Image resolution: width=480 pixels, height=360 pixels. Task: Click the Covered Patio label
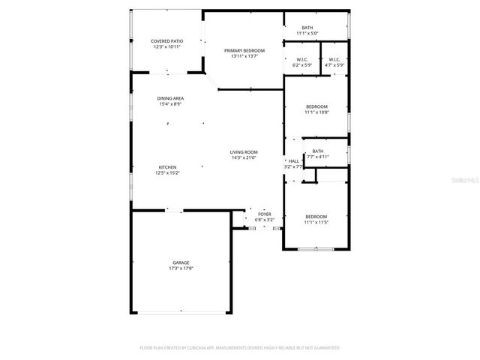click(166, 41)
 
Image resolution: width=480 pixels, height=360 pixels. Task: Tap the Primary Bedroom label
click(244, 50)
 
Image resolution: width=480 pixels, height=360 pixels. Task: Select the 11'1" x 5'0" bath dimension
click(307, 34)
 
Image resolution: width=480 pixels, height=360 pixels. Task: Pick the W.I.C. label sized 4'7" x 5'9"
click(334, 60)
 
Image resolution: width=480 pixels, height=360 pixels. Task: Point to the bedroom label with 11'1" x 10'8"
click(315, 106)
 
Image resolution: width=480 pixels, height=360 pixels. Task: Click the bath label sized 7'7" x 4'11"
click(318, 151)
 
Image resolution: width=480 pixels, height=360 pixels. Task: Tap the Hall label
click(294, 160)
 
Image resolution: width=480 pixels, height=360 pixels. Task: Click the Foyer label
click(265, 214)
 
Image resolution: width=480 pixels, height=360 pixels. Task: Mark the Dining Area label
click(170, 98)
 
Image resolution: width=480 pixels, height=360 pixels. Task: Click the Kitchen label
click(168, 166)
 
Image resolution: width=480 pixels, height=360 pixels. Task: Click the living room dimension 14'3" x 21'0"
click(244, 157)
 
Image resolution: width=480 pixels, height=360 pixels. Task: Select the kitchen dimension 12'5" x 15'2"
click(168, 172)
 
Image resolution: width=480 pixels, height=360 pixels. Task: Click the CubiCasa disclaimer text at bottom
click(240, 348)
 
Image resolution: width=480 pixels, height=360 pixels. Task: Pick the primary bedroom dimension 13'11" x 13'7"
click(244, 56)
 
